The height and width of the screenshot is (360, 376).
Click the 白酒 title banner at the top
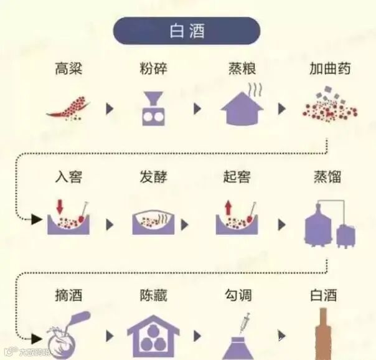(187, 31)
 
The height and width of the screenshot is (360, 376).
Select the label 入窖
(68, 176)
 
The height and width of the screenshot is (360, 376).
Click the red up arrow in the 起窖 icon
(228, 207)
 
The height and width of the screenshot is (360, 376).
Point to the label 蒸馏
(330, 176)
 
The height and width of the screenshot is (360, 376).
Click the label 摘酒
(68, 295)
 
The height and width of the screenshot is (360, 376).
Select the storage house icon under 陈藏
(153, 334)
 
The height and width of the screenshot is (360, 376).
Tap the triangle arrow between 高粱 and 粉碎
(110, 108)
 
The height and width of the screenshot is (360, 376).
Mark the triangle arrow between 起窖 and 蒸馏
(282, 224)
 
